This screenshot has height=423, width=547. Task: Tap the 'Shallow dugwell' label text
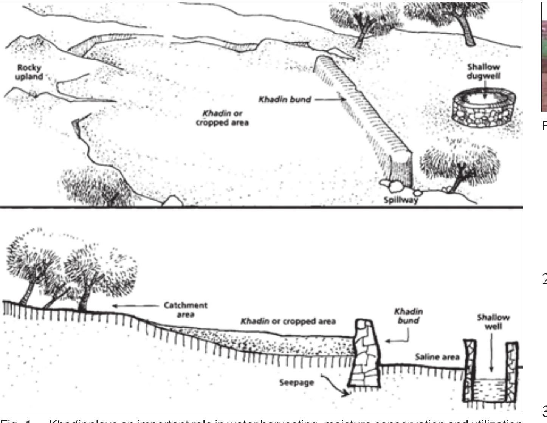(483, 71)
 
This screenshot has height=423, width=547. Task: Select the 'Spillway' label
(401, 200)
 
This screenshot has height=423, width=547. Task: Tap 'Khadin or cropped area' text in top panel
(222, 118)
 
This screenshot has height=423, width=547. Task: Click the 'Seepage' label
(296, 383)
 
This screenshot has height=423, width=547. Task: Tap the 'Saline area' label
(437, 357)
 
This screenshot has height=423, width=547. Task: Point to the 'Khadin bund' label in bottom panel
(408, 316)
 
